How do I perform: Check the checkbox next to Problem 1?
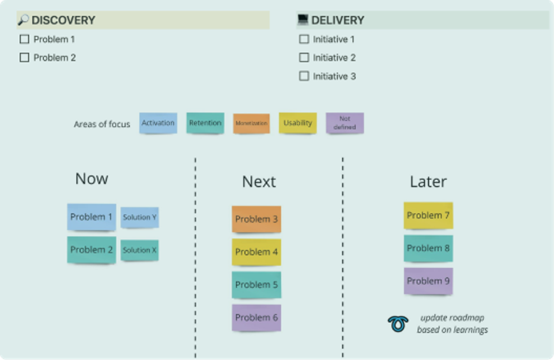(x=24, y=39)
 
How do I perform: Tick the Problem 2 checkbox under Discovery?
(x=24, y=58)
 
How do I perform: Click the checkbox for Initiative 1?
(x=304, y=39)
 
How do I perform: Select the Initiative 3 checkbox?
(x=304, y=76)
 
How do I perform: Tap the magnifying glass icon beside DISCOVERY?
(x=23, y=20)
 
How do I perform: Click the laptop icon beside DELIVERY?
(x=303, y=19)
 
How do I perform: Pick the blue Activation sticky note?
(x=158, y=123)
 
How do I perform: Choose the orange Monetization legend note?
(x=251, y=123)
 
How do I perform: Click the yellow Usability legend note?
(x=298, y=123)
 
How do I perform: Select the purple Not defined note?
(x=345, y=123)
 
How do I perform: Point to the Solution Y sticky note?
(x=139, y=217)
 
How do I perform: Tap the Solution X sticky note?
(x=139, y=250)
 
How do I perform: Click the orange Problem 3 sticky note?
(x=256, y=219)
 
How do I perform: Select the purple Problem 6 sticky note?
(x=256, y=318)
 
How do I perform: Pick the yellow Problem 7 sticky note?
(x=428, y=216)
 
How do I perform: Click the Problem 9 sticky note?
(x=428, y=281)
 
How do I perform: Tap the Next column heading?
(x=259, y=182)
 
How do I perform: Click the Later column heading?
(x=428, y=182)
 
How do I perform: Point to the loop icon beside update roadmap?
(x=397, y=324)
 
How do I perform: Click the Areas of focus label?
(x=102, y=124)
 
